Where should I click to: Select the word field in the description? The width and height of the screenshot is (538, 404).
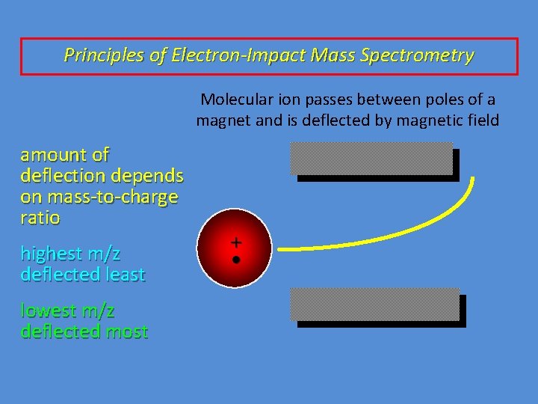[482, 120]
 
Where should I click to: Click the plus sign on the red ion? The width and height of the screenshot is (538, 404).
[236, 242]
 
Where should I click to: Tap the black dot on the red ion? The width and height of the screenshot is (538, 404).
[236, 260]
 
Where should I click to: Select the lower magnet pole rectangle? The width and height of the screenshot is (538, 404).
[378, 307]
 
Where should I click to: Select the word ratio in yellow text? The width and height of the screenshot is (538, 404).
[40, 218]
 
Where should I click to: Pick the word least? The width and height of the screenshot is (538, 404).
[124, 275]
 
